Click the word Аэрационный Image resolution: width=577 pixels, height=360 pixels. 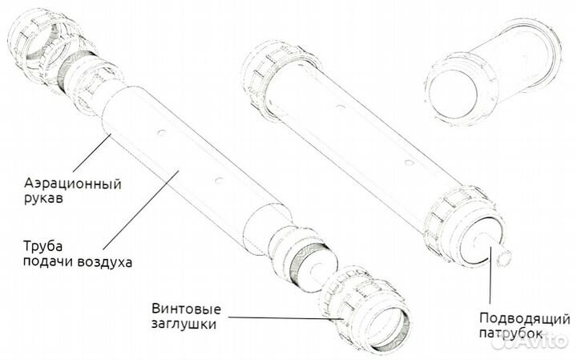point(72,184)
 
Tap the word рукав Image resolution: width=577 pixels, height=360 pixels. point(43,198)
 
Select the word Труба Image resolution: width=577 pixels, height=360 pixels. point(42,247)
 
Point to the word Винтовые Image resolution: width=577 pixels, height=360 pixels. point(186,309)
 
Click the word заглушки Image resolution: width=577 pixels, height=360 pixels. point(184,324)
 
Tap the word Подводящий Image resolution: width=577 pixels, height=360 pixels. point(524,319)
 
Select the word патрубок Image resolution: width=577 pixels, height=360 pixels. point(510,334)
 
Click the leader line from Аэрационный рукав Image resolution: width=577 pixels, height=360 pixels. point(91,153)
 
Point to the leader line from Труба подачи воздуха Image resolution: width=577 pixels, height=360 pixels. point(141,209)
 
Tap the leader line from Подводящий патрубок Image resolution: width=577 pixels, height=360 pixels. point(490,275)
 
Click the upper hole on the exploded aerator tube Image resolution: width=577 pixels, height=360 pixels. point(161,132)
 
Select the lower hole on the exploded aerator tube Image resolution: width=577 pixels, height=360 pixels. point(220,180)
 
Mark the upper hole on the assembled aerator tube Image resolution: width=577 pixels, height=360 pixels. point(341,107)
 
